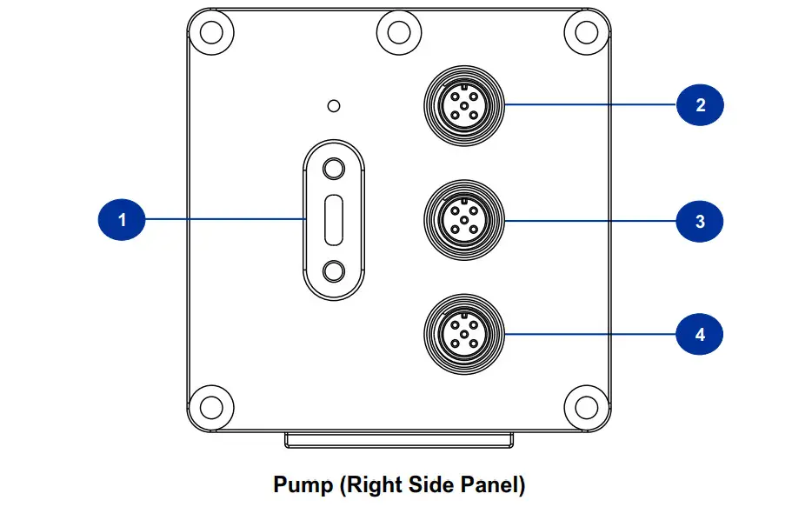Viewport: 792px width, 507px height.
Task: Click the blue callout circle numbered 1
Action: coord(122,219)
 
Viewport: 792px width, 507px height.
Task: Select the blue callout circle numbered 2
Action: coord(700,105)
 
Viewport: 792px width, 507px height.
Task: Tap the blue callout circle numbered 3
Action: coord(700,221)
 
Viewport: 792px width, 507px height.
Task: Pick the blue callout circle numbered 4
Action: coord(700,334)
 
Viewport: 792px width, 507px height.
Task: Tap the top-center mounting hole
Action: coord(399,31)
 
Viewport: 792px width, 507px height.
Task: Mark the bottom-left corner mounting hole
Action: coord(210,405)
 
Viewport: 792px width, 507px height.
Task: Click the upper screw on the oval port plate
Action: coord(333,167)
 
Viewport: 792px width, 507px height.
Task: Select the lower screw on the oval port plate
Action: coord(333,272)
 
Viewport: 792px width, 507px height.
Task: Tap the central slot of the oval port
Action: coord(333,219)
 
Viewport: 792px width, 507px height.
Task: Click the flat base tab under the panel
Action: coord(397,441)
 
